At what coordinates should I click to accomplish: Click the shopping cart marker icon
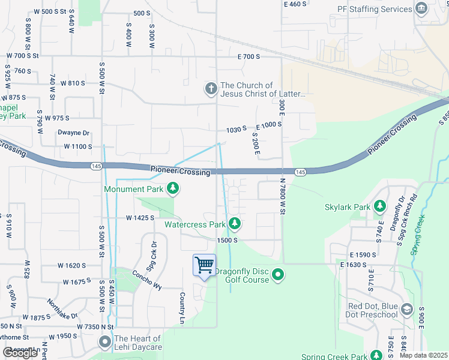coord(204,265)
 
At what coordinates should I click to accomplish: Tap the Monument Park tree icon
coord(173,189)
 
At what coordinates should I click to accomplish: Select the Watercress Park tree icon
coord(235,224)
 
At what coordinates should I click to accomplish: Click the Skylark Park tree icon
coord(379,207)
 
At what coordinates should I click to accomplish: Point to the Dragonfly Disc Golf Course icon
coord(277,275)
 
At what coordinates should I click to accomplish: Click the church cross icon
coord(211,89)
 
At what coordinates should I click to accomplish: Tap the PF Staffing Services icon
coord(421,9)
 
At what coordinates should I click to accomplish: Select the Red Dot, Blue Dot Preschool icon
coord(407,310)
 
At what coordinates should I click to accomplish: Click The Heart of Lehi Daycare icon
coord(105,343)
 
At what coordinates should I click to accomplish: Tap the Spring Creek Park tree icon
coord(376,356)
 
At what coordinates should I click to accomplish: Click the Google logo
coord(20,353)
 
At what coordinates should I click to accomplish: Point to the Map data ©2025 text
coord(423,355)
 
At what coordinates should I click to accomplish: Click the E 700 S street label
coord(249,56)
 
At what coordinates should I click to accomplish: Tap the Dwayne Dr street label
coord(73,133)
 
